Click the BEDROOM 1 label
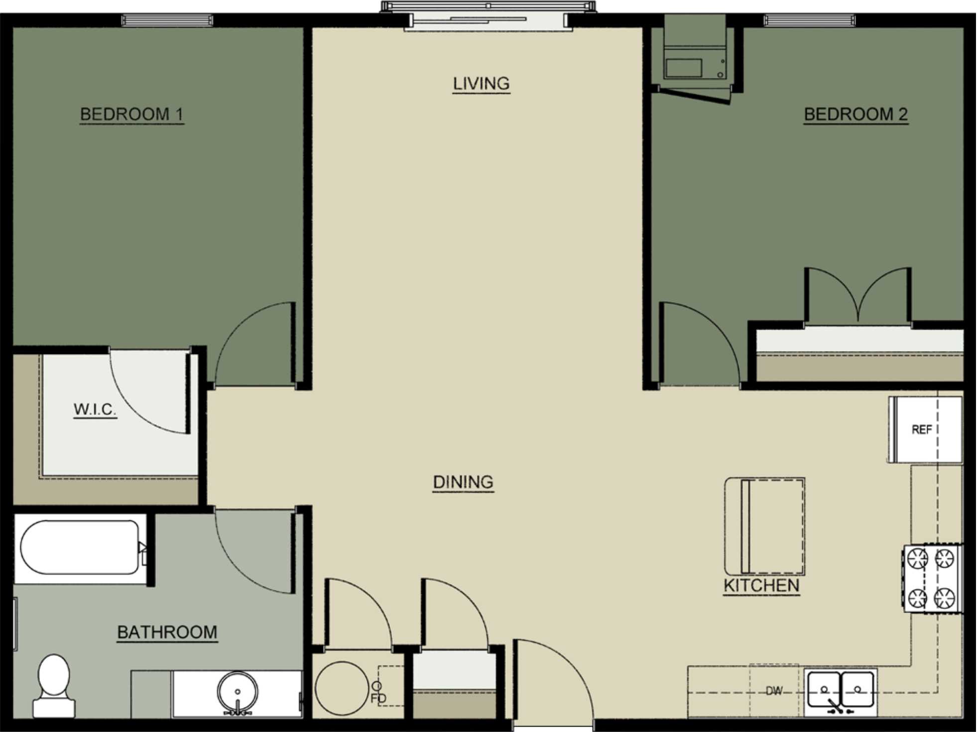point(132,114)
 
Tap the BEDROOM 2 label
point(855,114)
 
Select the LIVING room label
point(481,83)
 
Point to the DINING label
point(463,482)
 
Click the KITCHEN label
point(761,586)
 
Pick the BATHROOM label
point(167,632)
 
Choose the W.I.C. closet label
point(95,409)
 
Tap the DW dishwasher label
point(773,691)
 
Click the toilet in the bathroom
point(54,685)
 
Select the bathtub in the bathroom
point(80,547)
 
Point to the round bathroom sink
point(238,692)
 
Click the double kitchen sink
point(840,690)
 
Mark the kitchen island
point(764,526)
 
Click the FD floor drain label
point(378,698)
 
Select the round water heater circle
point(342,688)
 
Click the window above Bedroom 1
point(167,20)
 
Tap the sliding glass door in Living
point(488,20)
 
